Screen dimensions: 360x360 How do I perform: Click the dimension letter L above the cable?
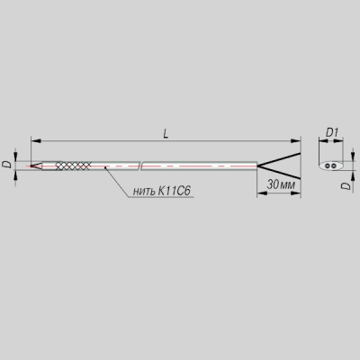(x=166, y=133)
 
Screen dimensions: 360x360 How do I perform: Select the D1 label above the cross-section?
(x=332, y=132)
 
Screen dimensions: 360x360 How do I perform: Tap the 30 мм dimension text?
(x=281, y=184)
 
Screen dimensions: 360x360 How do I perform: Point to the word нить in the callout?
(x=143, y=192)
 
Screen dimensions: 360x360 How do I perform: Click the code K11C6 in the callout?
(x=173, y=191)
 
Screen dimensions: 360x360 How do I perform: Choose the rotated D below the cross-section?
(x=346, y=185)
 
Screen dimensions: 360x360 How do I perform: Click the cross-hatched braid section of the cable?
(x=73, y=166)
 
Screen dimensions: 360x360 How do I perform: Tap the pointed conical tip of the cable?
(x=36, y=166)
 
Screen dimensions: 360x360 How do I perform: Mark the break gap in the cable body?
(x=140, y=166)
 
